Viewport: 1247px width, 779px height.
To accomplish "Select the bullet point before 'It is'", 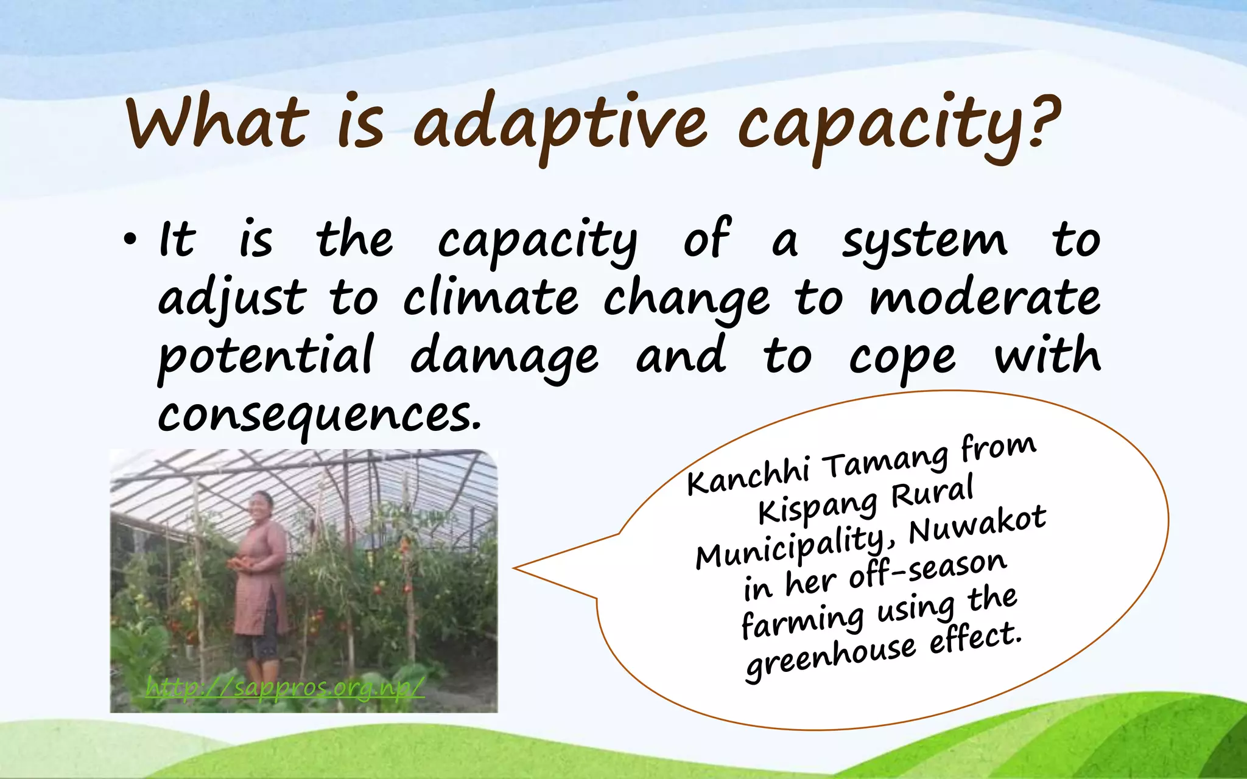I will [x=129, y=242].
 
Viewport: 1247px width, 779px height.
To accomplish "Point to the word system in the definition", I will [x=924, y=241].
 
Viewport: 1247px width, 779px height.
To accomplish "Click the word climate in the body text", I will [x=491, y=298].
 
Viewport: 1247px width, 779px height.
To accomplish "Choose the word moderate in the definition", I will [x=984, y=298].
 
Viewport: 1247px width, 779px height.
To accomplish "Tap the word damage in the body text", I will [x=504, y=357].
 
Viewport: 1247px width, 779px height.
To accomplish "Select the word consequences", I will [x=319, y=416].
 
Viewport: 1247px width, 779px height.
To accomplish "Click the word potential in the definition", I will [x=265, y=357].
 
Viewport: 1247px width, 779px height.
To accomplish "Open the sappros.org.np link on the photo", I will [x=285, y=688].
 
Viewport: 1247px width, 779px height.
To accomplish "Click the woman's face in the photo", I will [x=261, y=506].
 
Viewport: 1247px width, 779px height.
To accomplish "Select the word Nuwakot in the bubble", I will [x=977, y=525].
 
